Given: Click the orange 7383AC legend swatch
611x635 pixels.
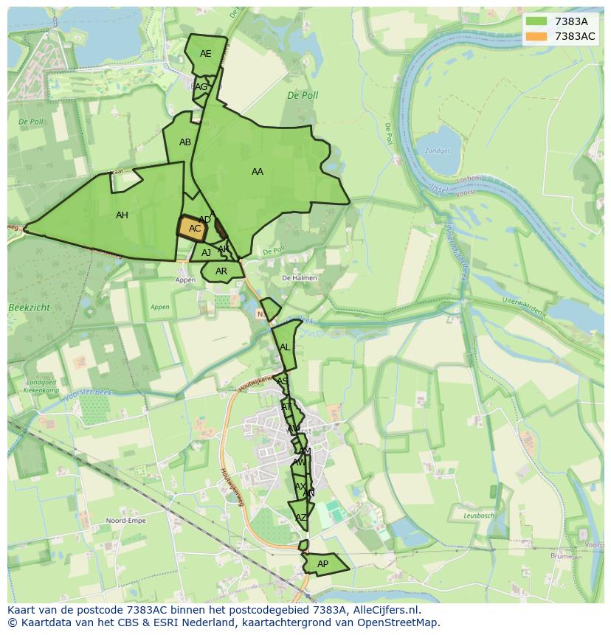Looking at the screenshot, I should pos(536,36).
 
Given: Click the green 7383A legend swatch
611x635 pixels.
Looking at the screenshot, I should pos(536,21).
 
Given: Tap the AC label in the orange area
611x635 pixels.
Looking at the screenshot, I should pos(195,229).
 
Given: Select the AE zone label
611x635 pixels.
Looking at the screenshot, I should pos(205,54).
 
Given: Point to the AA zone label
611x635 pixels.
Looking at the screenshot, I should pos(257,172).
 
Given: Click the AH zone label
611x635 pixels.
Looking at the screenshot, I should pos(122,215).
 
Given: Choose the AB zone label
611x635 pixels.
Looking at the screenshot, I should pos(185,142).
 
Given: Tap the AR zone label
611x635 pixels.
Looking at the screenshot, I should pos(221,271).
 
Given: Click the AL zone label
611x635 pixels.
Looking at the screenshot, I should pos(285,347).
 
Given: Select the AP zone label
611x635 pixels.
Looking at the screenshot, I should pos(322,564).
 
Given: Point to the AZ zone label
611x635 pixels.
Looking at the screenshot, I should pos(300,518).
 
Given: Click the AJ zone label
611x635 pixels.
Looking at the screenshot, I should pos(207,253).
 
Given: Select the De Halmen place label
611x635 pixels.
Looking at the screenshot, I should pos(299,278).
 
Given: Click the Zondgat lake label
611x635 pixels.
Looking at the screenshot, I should pos(437,151).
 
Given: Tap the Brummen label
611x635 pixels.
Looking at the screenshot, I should pos(566,557).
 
